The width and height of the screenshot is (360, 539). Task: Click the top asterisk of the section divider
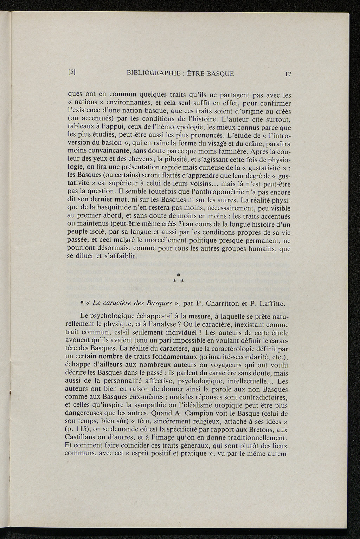[x=179, y=274]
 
